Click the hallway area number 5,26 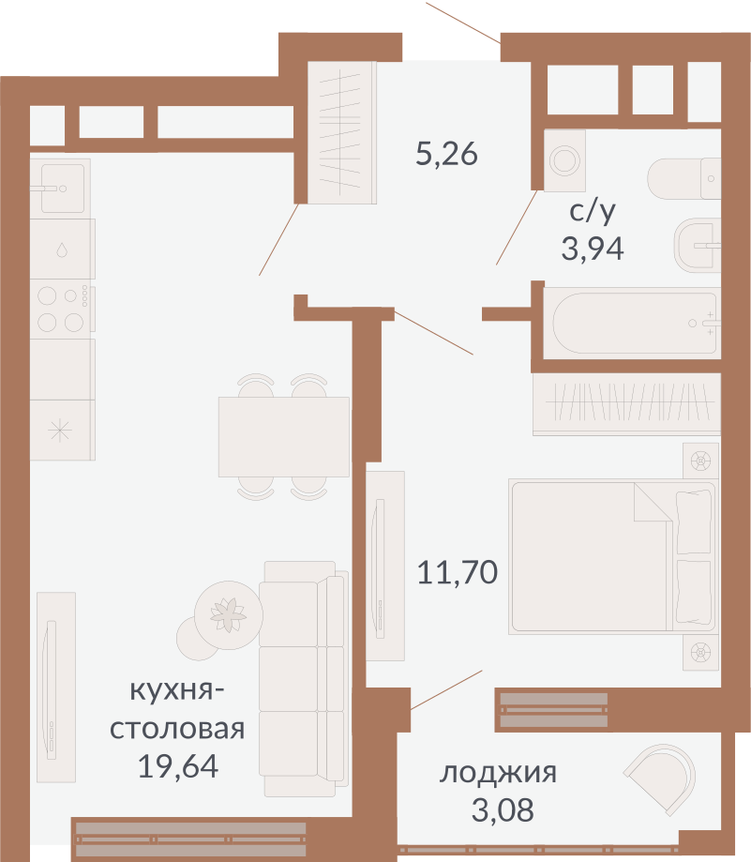tap(446, 155)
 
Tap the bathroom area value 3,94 tap(593, 249)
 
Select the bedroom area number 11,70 tap(458, 572)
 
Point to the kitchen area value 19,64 tap(177, 765)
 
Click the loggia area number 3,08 tap(503, 809)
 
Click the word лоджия tap(498, 773)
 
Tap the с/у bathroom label tap(593, 212)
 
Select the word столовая tap(177, 729)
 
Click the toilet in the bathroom tap(684, 178)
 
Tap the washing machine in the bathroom tap(564, 160)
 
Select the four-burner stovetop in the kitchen tap(62, 309)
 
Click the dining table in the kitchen tap(284, 437)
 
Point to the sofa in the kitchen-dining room tap(304, 679)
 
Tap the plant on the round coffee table tap(228, 615)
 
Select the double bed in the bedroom tap(613, 557)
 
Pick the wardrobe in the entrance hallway tap(341, 132)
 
